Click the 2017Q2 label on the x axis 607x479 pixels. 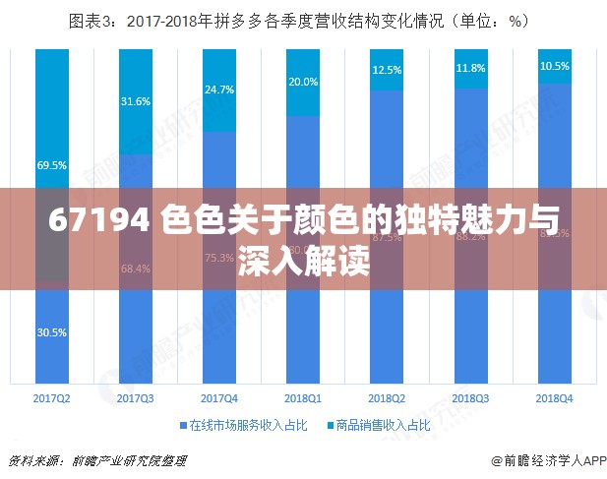[51, 397]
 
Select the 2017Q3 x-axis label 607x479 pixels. [135, 397]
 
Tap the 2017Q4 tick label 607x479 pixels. [218, 397]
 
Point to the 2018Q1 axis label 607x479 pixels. [303, 397]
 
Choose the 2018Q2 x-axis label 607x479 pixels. [387, 397]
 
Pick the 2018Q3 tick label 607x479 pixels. [471, 397]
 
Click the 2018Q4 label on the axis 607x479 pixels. [555, 397]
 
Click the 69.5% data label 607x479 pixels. [51, 166]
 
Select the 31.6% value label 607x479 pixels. [135, 101]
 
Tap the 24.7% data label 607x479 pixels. [218, 90]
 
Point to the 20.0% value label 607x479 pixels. [303, 82]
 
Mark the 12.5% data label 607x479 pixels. [387, 70]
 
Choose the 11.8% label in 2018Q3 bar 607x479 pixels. [471, 68]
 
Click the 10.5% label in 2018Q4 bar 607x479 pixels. [555, 66]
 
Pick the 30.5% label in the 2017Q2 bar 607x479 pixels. [51, 332]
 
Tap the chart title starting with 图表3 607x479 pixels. [303, 20]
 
